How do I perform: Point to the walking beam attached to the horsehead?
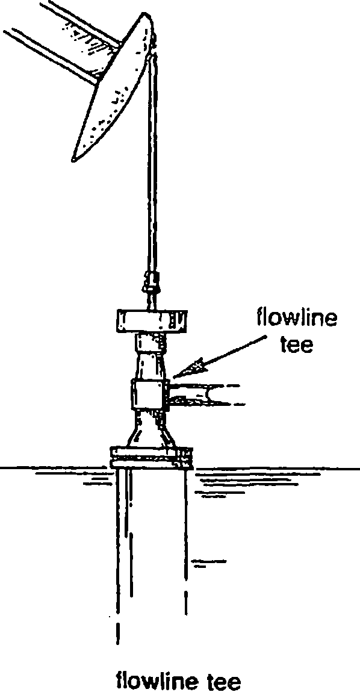click(x=62, y=40)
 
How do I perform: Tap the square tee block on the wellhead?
click(x=149, y=393)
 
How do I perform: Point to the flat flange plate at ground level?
click(x=151, y=457)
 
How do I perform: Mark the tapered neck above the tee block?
click(x=151, y=365)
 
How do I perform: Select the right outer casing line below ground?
click(x=186, y=541)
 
